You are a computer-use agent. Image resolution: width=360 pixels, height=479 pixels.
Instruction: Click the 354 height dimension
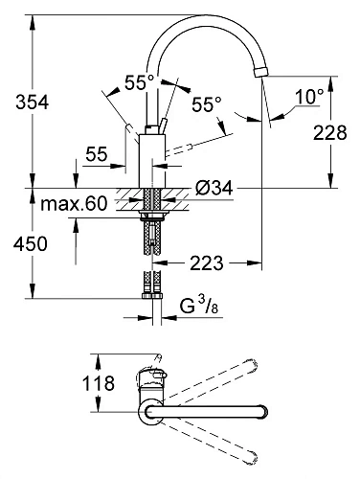tap(33, 103)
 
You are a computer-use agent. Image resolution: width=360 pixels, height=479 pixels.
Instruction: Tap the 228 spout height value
tap(329, 132)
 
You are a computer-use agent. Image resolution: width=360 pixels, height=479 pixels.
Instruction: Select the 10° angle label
tap(309, 97)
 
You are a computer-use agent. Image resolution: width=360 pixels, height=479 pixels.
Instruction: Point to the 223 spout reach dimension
tap(207, 263)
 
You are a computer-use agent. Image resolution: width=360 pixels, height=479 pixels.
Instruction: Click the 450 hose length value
tap(31, 243)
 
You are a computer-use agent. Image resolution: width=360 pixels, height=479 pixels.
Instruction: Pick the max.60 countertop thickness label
tap(74, 203)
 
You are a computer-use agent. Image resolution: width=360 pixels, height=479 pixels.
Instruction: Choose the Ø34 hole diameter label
tap(214, 188)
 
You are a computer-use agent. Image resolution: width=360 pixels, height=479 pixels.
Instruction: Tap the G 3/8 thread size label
tap(199, 306)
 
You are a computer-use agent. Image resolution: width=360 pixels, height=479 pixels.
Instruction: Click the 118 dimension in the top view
tap(99, 383)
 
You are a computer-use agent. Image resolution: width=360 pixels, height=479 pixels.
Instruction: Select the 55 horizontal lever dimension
tap(97, 154)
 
